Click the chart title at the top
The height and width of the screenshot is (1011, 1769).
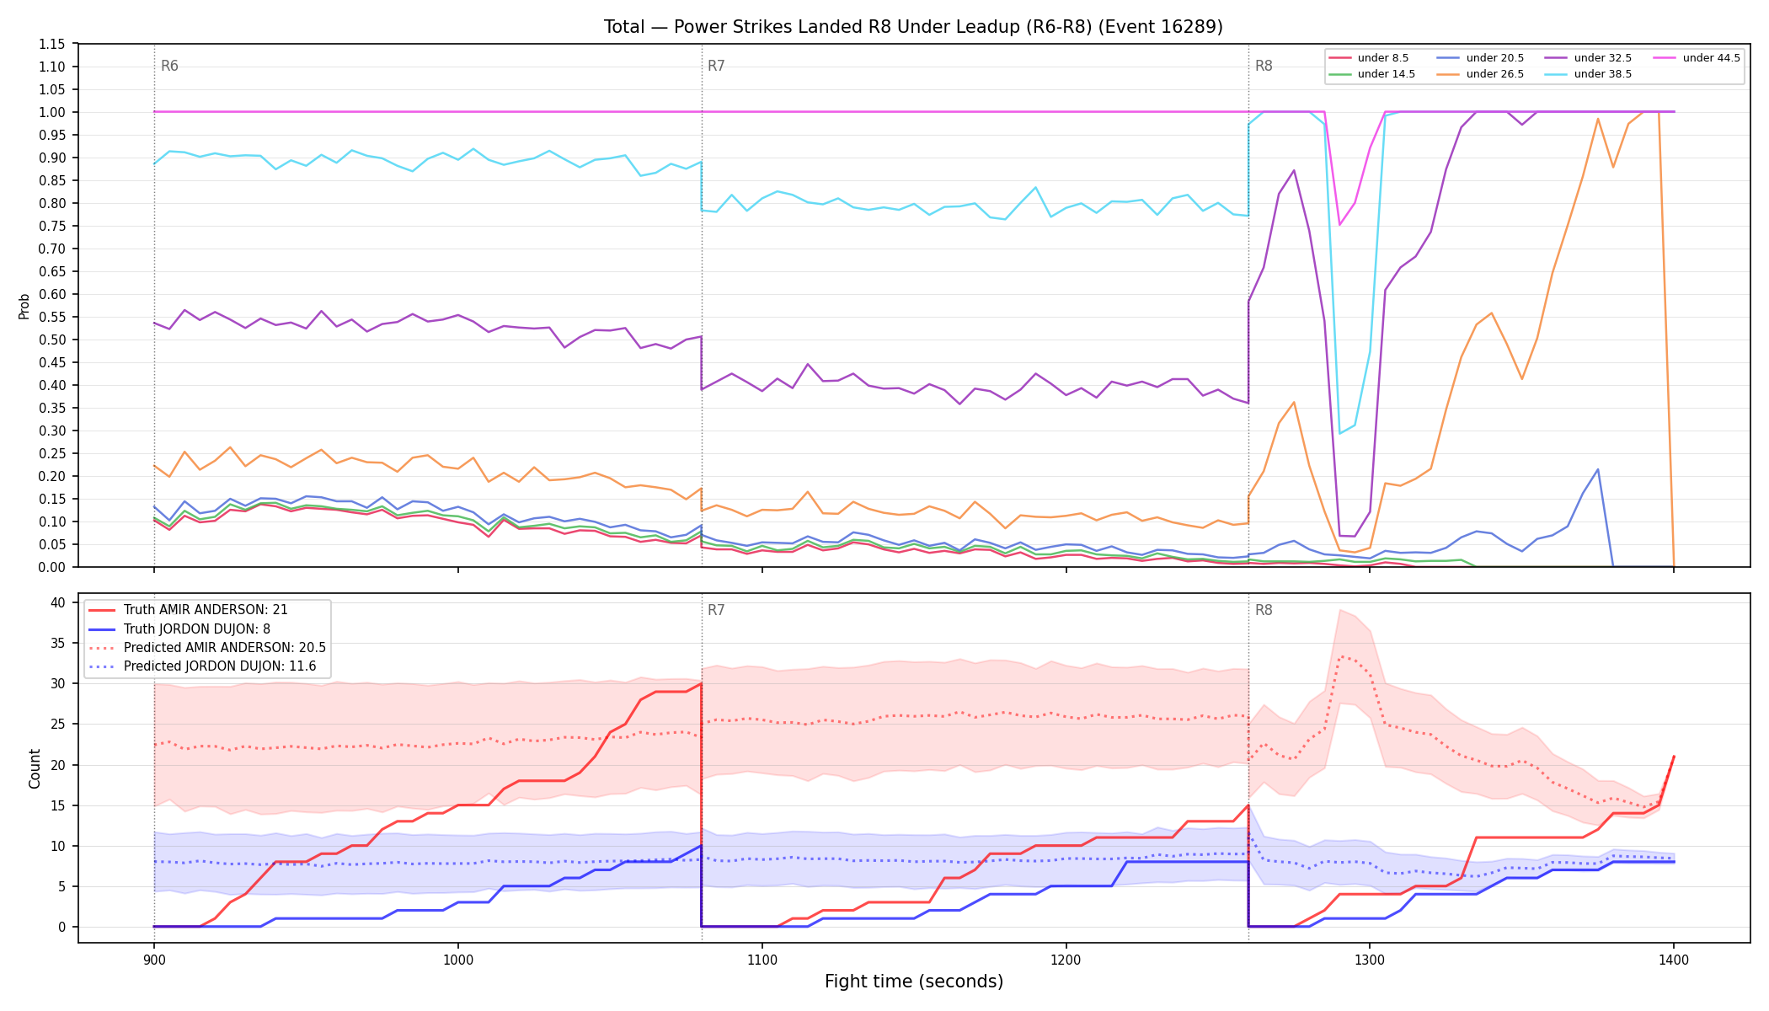point(913,27)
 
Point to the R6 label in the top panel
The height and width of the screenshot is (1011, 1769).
point(169,66)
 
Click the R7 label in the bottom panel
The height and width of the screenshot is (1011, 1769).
point(716,610)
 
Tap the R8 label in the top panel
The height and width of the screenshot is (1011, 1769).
point(1264,66)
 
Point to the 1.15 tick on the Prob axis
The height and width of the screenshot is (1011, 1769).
point(52,44)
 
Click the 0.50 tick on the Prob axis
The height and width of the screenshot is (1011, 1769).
point(52,340)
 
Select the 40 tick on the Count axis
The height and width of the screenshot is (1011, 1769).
point(58,602)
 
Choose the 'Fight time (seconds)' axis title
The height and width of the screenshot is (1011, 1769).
point(914,982)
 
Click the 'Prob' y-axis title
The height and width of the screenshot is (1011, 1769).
point(24,306)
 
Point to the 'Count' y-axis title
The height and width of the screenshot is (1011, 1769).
point(35,768)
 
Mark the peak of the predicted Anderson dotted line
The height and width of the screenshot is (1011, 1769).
point(1340,656)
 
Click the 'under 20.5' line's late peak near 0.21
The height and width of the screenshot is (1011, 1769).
point(1597,469)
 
